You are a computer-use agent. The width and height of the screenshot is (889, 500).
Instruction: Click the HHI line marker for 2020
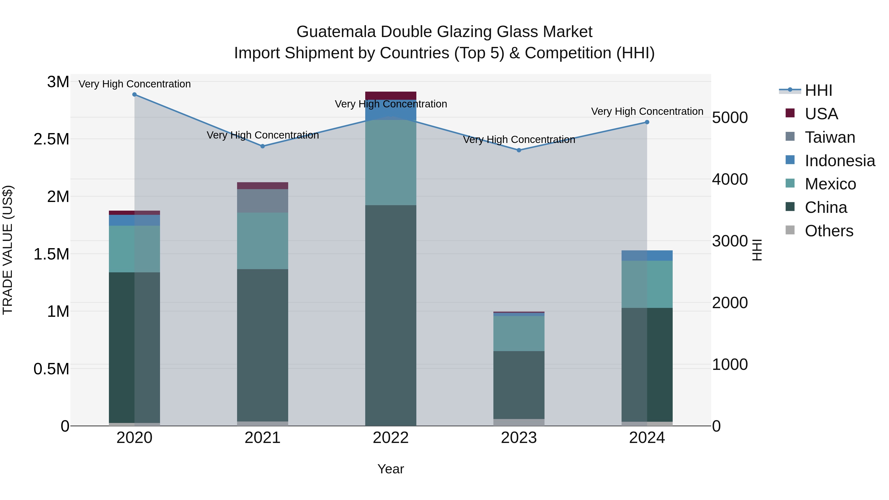tap(135, 95)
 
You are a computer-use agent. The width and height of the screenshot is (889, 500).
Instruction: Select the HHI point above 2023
tap(519, 150)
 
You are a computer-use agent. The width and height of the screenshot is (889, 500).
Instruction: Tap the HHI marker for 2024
tap(647, 122)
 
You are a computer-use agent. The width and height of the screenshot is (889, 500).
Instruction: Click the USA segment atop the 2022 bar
tap(391, 96)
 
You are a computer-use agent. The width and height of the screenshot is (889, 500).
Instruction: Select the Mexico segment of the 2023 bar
tap(519, 333)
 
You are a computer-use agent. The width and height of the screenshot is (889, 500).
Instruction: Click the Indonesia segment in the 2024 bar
tap(647, 256)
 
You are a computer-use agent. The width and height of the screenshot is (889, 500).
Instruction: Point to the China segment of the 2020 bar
tap(135, 347)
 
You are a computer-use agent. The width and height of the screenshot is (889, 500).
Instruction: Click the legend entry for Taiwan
tap(830, 137)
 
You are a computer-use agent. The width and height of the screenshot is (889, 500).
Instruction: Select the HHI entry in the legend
tap(818, 90)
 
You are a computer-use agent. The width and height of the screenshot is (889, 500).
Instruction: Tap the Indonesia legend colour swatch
tap(790, 160)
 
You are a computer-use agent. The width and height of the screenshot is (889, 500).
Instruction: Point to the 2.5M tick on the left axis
tap(51, 140)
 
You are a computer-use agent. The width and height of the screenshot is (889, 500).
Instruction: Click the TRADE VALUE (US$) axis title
tap(8, 250)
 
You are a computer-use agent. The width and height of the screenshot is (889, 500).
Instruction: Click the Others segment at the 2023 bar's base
tap(519, 422)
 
